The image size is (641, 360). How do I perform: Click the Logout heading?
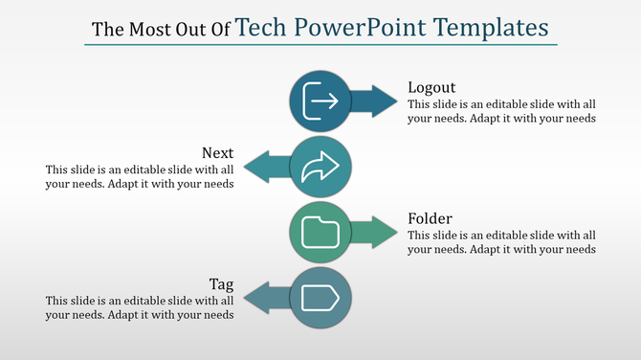tap(432, 87)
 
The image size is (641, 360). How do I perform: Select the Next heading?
tap(218, 153)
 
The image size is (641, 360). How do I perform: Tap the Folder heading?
tap(431, 218)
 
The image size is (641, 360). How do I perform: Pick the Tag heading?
tap(222, 284)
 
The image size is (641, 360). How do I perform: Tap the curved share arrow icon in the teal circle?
tap(320, 167)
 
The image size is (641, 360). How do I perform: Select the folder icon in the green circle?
tap(320, 233)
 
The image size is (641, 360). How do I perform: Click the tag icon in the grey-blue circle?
tap(320, 299)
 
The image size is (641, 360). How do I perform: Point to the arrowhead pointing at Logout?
tap(384, 101)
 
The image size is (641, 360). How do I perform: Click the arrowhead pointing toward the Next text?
tap(256, 167)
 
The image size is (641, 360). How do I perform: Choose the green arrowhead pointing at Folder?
tap(384, 233)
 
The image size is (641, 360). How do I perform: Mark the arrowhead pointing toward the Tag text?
tap(256, 299)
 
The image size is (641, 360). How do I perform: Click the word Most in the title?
tap(141, 29)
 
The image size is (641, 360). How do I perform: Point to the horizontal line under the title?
tap(320, 45)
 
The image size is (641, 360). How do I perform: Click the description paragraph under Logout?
tap(501, 112)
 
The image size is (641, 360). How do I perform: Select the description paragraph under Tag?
tap(140, 307)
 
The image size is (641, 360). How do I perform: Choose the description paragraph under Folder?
tap(501, 242)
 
